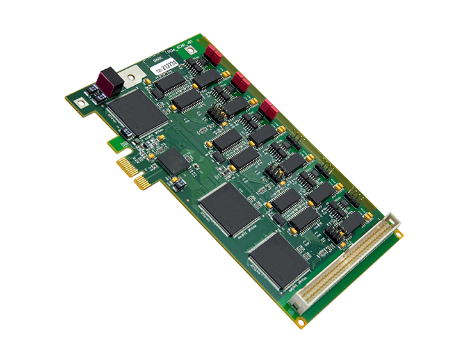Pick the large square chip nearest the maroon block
[136, 113]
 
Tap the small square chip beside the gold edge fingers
[170, 161]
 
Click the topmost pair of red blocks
[213, 54]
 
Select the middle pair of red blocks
[241, 81]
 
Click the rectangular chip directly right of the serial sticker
[206, 78]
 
